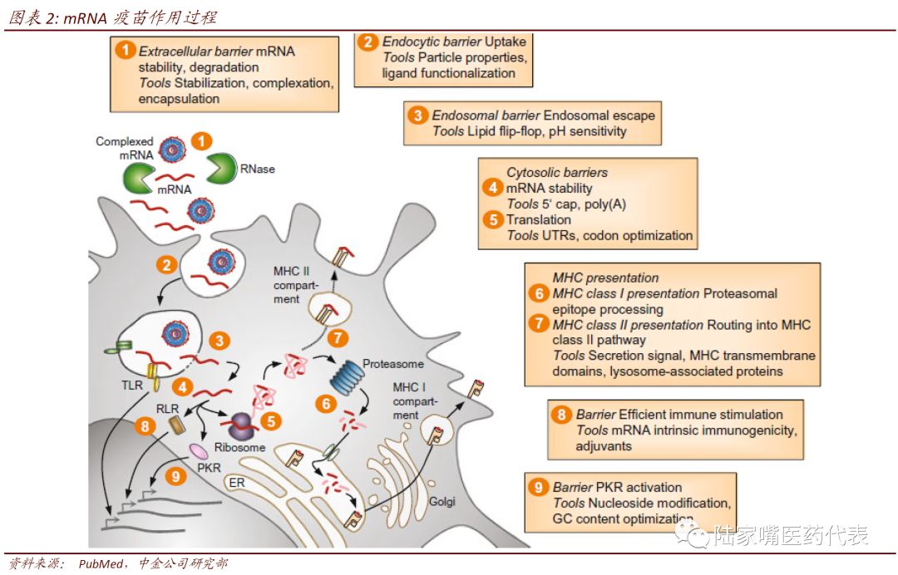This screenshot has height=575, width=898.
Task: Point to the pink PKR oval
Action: pos(198,450)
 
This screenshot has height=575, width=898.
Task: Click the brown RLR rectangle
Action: pos(177,425)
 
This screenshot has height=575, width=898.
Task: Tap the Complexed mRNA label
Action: pos(125,148)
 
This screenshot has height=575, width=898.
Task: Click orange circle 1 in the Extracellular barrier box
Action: pos(125,51)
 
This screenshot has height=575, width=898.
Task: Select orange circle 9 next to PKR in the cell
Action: pos(175,476)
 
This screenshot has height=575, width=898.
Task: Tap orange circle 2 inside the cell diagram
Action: pos(167,266)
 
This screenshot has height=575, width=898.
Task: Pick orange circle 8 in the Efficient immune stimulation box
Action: pos(562,415)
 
